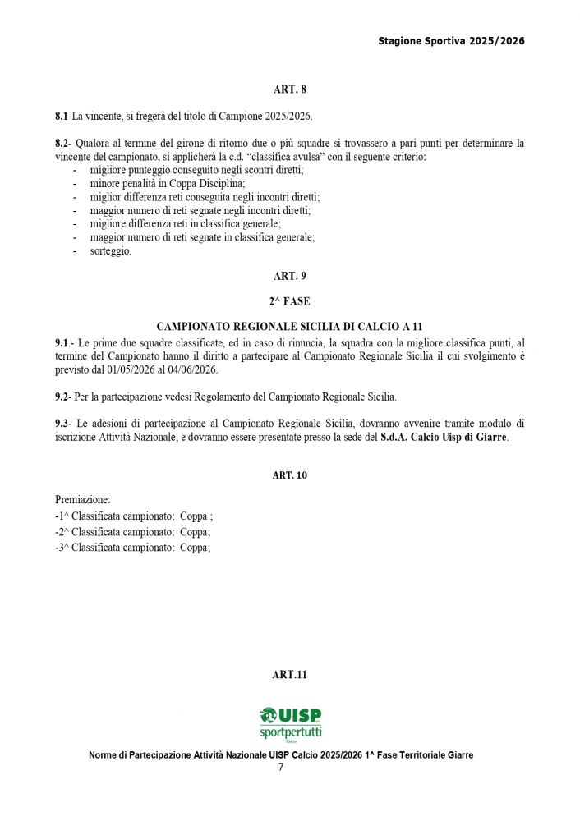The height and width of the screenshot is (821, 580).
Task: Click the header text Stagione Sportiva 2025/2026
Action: click(x=451, y=41)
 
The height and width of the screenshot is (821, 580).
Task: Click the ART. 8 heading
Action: click(x=289, y=89)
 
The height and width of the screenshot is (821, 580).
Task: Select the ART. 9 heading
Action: click(x=289, y=277)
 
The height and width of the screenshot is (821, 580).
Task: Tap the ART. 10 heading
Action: click(x=289, y=475)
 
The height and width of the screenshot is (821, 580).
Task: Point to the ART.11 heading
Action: click(x=289, y=675)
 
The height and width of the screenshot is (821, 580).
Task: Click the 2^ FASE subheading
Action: click(x=289, y=301)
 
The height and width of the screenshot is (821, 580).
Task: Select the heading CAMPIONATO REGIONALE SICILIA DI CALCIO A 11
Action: click(x=289, y=327)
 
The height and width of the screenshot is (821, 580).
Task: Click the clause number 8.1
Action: click(x=62, y=117)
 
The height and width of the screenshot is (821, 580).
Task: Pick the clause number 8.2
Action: click(x=62, y=144)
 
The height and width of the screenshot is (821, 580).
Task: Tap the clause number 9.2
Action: click(x=62, y=397)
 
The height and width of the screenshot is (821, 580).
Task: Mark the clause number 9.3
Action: click(x=62, y=424)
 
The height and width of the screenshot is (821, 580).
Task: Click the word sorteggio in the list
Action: click(x=110, y=251)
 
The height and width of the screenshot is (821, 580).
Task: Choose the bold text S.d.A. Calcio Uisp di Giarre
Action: click(x=444, y=438)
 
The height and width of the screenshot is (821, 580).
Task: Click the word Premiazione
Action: click(x=82, y=499)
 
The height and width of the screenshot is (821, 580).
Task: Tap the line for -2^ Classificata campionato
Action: click(x=132, y=532)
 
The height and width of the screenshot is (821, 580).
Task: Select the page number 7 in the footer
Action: click(x=281, y=768)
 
